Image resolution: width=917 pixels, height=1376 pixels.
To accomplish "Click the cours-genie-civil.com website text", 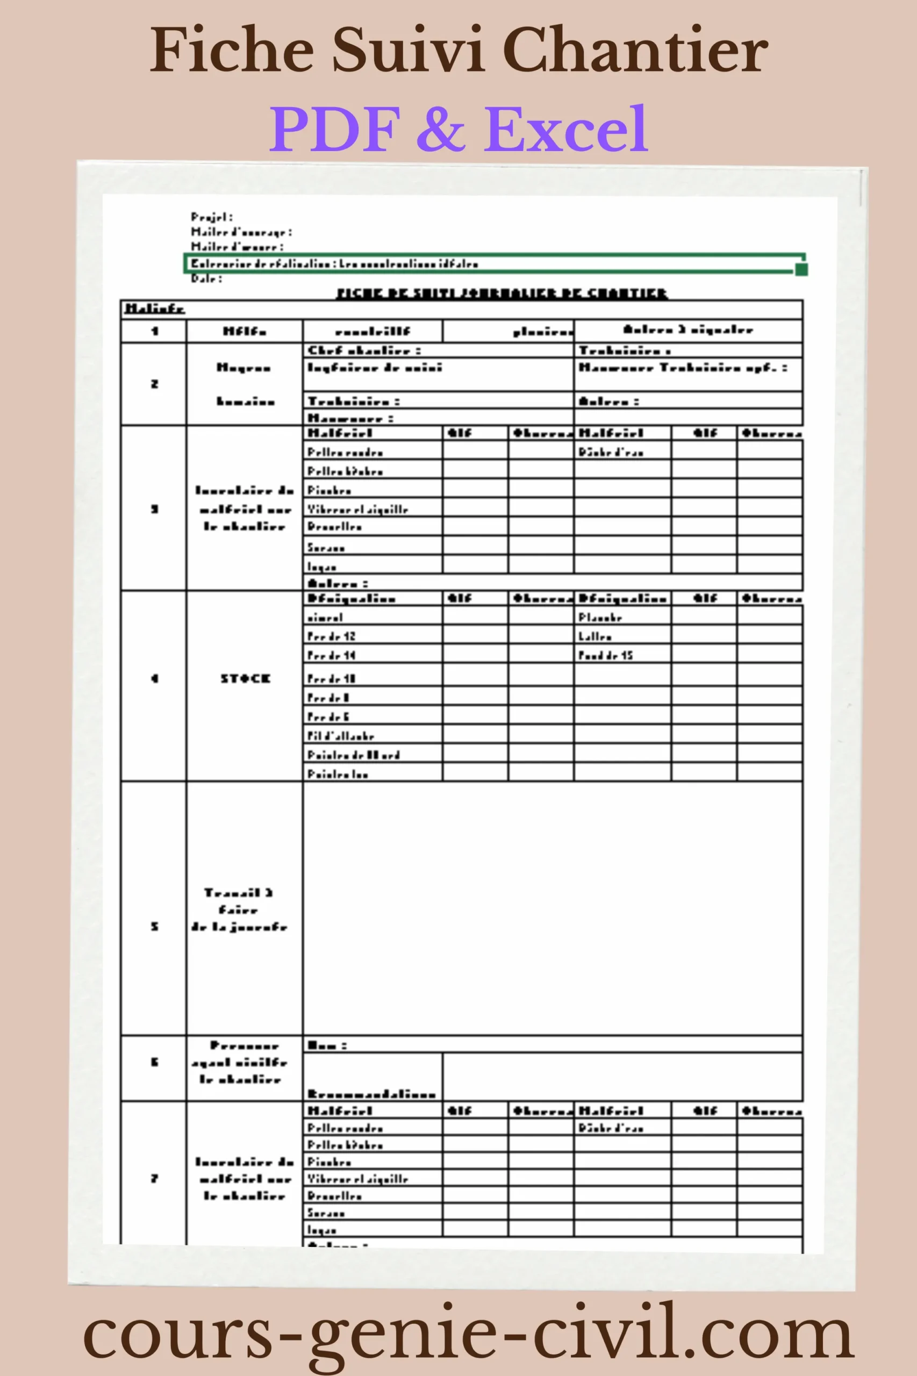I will (468, 1335).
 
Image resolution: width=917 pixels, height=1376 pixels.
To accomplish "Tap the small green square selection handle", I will (802, 269).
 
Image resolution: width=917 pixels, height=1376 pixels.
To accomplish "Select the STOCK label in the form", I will (245, 678).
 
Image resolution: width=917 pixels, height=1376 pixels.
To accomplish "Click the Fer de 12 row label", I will (332, 636).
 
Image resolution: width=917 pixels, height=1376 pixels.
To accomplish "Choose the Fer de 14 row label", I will (332, 655).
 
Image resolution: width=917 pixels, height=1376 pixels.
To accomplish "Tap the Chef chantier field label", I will (364, 350).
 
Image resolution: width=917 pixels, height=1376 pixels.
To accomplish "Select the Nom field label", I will (327, 1045).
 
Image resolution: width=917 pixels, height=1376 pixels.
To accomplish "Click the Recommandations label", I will (372, 1094).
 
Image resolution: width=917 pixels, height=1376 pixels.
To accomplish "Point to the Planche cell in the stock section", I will (600, 617).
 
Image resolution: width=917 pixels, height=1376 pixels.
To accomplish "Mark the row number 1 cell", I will (154, 331).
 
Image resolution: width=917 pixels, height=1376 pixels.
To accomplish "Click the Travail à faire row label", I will (239, 909).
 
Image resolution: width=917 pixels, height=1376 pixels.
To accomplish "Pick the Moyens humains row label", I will (245, 384).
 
